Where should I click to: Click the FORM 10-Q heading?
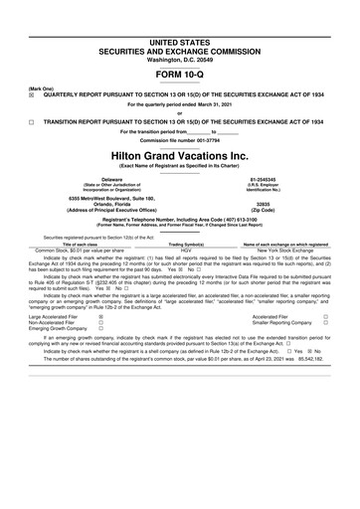point(179,75)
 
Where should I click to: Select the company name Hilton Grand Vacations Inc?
point(179,157)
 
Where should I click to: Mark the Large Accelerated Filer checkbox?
point(100,316)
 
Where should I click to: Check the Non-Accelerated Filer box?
point(100,322)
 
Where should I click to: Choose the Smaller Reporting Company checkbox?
point(325,322)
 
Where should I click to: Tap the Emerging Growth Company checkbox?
point(100,329)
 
